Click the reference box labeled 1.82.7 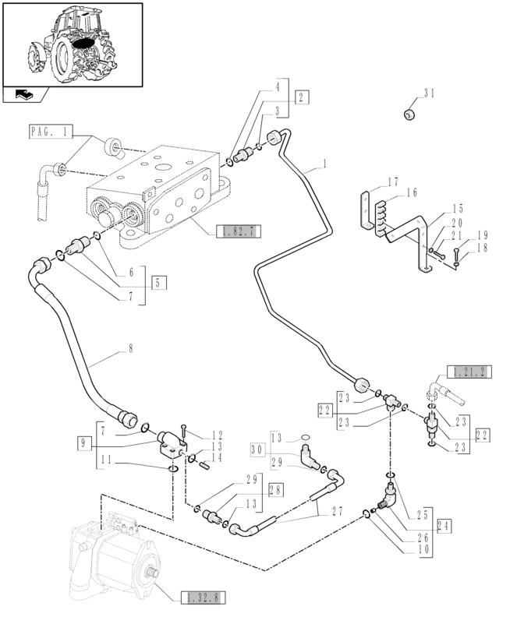[239, 231]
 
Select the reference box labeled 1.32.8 [203, 597]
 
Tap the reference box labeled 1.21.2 [469, 372]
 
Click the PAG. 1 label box [51, 132]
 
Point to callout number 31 [429, 93]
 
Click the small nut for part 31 [409, 115]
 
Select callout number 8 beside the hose [130, 348]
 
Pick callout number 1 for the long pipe [324, 164]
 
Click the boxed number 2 [302, 97]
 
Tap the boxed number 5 [159, 282]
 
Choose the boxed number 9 [83, 442]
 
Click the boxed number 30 [257, 449]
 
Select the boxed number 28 [276, 490]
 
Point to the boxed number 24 [444, 526]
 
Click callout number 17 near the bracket [393, 182]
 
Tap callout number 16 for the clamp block [412, 192]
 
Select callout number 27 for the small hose [338, 511]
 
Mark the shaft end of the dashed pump [154, 573]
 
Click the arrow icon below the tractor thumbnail [24, 95]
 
